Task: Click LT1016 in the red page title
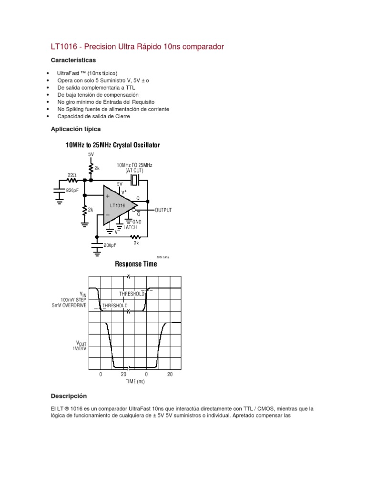coord(65,47)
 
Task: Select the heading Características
coord(73,60)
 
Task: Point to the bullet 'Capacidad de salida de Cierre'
coord(93,116)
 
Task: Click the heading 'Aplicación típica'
coord(75,129)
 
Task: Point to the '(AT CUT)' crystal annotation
coord(135,170)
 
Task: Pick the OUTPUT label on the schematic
coord(163,210)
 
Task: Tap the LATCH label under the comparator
coord(130,227)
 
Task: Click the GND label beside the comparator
coord(137,222)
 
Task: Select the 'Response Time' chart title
coord(135,264)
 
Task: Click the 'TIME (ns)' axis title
coord(135,382)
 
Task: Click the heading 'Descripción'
coord(69,396)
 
